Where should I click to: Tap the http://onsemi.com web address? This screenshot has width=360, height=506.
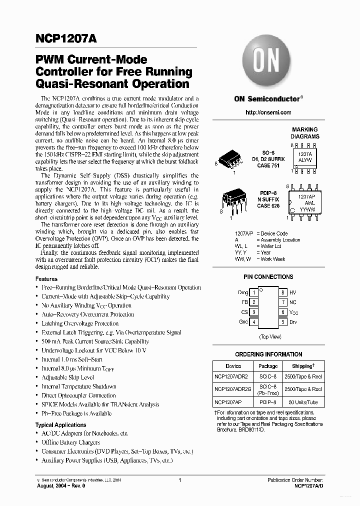[x=268, y=112]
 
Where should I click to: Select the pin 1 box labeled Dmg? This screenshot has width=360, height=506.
[x=254, y=292]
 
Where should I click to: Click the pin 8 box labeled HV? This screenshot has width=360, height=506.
[x=283, y=292]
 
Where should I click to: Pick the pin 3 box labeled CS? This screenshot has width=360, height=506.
[x=254, y=312]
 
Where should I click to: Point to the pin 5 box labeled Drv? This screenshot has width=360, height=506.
[x=283, y=322]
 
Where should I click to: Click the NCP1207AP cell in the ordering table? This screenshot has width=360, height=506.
[x=228, y=402]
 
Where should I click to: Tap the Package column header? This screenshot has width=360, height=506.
[x=268, y=366]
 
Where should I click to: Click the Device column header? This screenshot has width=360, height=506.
[x=233, y=366]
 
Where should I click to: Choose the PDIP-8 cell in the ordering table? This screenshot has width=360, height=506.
[x=268, y=402]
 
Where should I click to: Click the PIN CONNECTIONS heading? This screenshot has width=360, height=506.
[x=268, y=277]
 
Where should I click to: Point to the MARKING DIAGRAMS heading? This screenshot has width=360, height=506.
[x=305, y=133]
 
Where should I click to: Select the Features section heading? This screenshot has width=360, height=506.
[x=46, y=279]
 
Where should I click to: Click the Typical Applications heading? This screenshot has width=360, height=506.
[x=60, y=425]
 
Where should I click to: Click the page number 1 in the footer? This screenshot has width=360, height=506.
[x=179, y=480]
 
